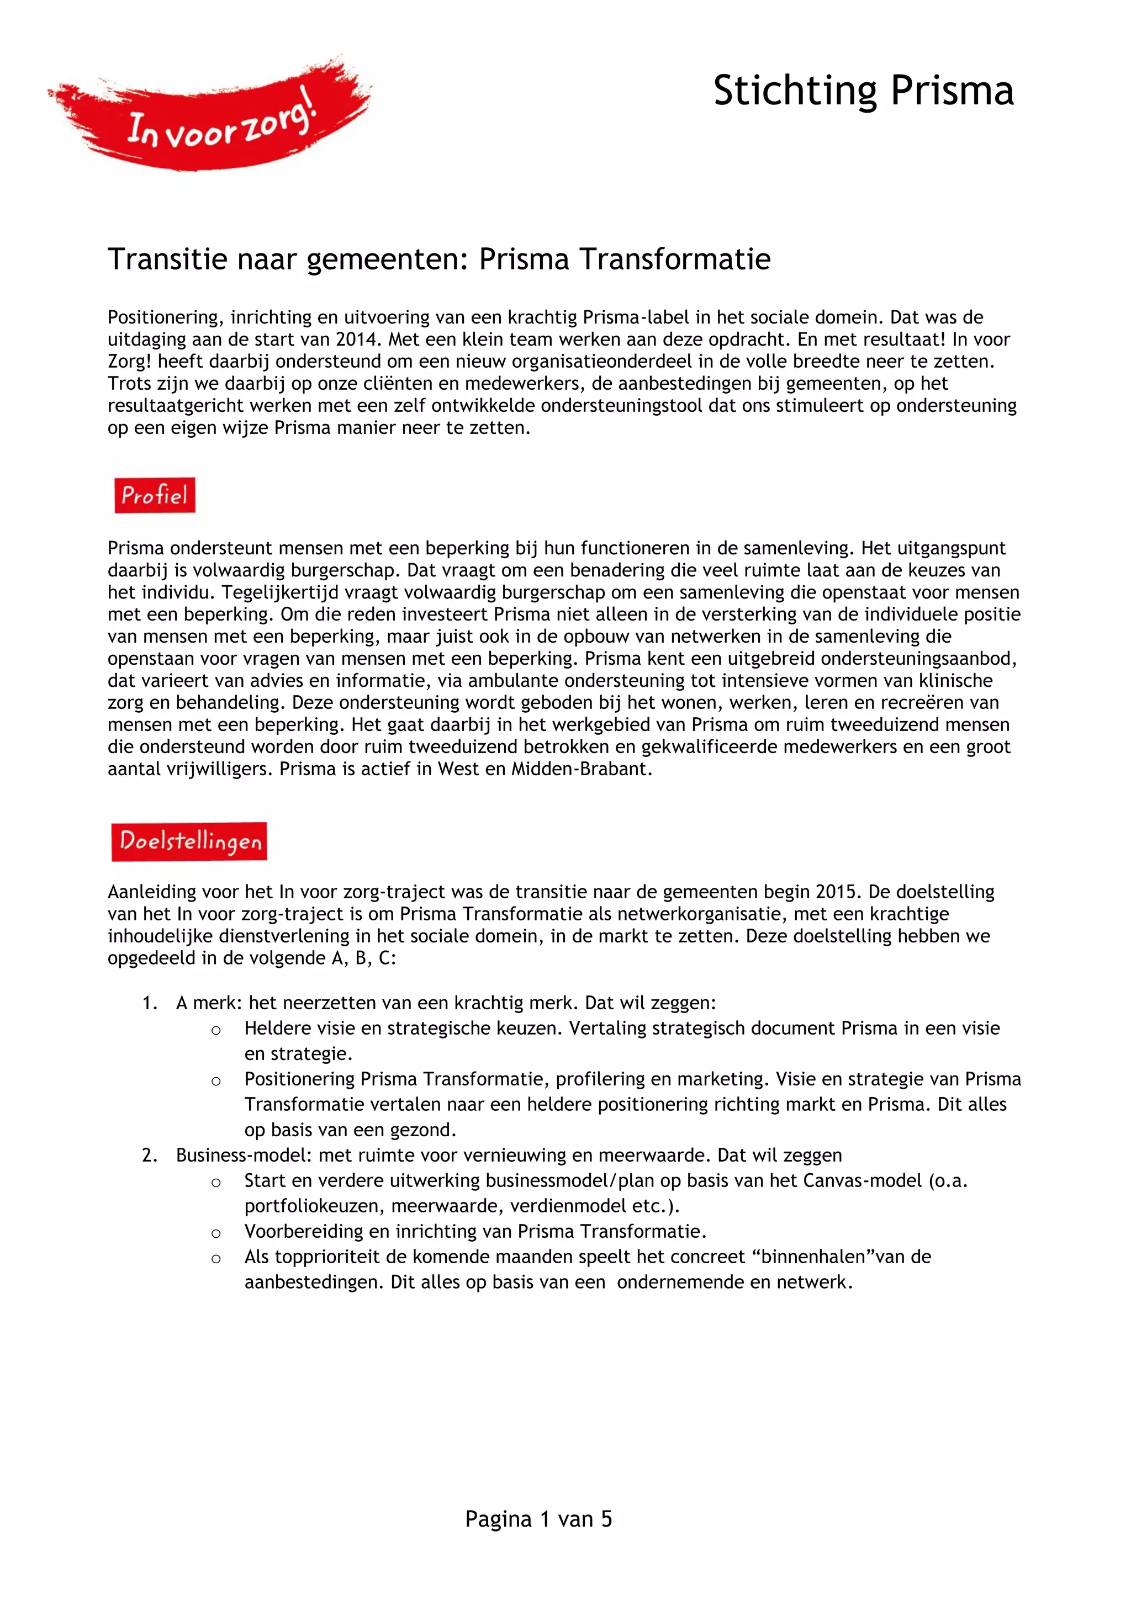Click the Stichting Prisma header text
coord(863,91)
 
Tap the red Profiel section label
coord(155,495)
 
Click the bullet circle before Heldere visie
coord(216,1031)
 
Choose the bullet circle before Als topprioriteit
coord(216,1259)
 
